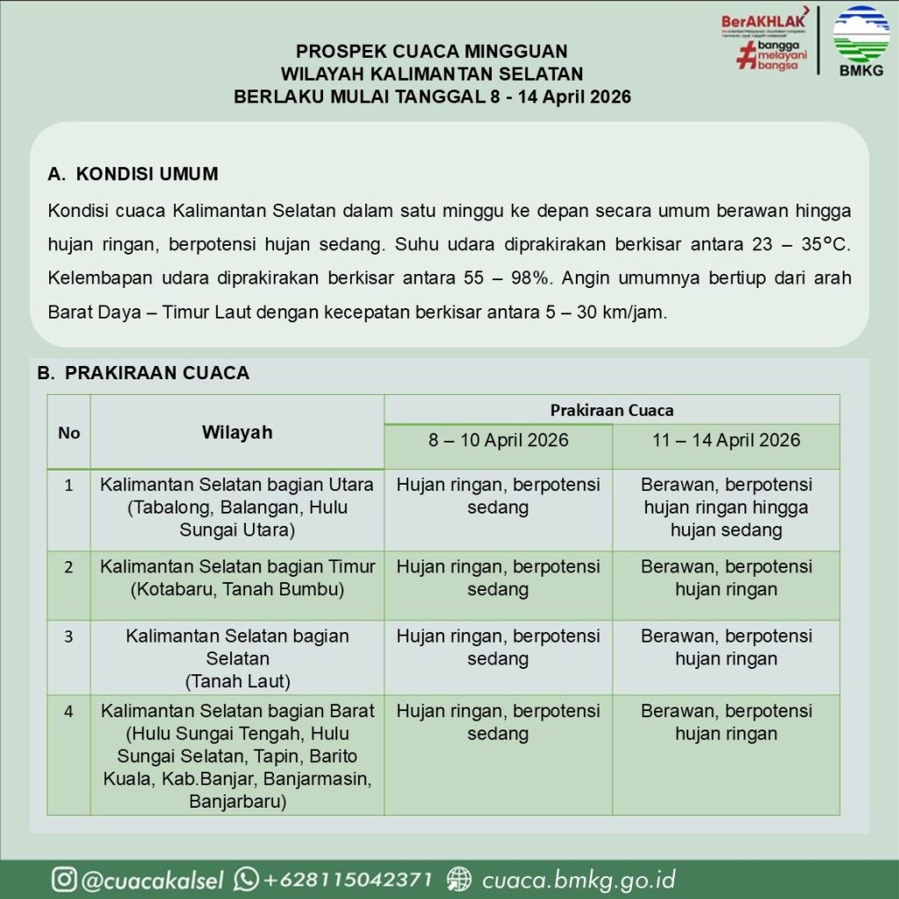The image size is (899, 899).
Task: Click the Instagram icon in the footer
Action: click(63, 879)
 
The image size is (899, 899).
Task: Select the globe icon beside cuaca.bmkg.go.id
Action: click(459, 879)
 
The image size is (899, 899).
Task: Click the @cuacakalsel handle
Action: click(152, 880)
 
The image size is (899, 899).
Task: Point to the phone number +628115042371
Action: click(349, 880)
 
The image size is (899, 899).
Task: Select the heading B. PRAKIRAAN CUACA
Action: click(143, 373)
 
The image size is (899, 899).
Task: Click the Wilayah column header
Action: click(237, 432)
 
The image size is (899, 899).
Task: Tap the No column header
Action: click(68, 432)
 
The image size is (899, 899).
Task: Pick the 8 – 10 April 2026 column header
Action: click(498, 440)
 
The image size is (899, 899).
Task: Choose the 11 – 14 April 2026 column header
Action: click(726, 440)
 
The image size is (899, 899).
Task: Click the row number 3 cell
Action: click(68, 636)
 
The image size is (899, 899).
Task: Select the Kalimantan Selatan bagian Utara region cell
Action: click(237, 507)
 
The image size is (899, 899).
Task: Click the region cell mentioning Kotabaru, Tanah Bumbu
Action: click(237, 578)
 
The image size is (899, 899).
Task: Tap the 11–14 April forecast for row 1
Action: click(726, 507)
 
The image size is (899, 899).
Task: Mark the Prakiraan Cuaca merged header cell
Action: click(612, 410)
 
